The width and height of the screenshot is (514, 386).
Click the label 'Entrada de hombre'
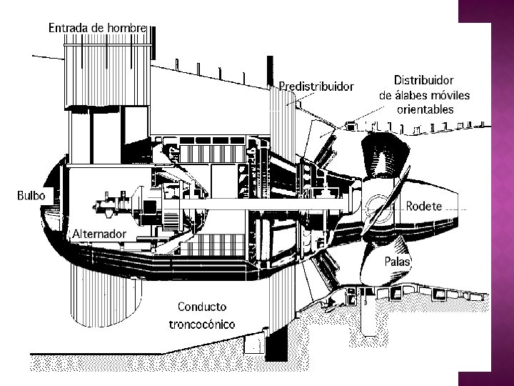pyautogui.click(x=97, y=28)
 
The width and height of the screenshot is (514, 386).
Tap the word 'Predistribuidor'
pyautogui.click(x=316, y=86)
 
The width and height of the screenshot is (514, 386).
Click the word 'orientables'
pyautogui.click(x=425, y=109)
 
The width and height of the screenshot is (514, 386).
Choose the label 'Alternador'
pyautogui.click(x=99, y=234)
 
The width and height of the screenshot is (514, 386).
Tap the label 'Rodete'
pyautogui.click(x=424, y=206)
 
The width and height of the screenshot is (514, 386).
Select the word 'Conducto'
pyautogui.click(x=202, y=307)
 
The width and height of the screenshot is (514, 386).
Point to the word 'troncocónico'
pyautogui.click(x=202, y=324)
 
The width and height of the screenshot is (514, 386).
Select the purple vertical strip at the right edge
pyautogui.click(x=503, y=193)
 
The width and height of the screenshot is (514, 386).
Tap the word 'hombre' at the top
pyautogui.click(x=126, y=28)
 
